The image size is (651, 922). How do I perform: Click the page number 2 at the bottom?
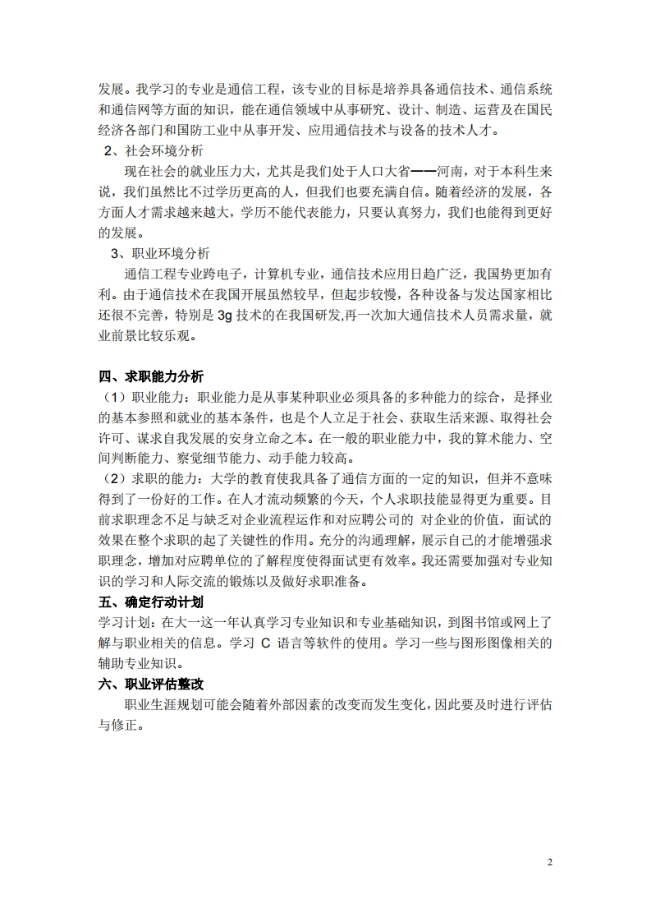coord(550,862)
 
